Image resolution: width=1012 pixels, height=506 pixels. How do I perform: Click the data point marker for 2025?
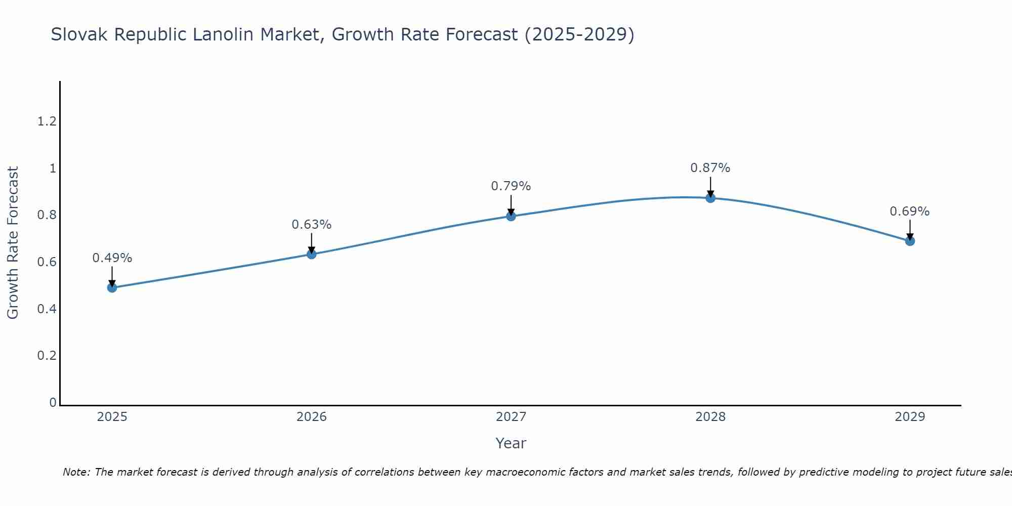click(112, 287)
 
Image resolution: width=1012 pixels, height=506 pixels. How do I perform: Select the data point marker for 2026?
click(312, 254)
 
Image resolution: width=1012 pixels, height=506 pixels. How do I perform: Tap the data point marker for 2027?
click(511, 216)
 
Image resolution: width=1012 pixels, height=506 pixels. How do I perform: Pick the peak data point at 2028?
click(710, 198)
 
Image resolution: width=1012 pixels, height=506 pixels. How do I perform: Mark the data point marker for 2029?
click(910, 241)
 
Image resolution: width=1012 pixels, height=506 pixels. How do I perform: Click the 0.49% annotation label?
click(112, 258)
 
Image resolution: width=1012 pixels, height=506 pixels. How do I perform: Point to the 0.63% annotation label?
click(312, 225)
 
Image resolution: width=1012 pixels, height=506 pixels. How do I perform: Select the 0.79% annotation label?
click(511, 186)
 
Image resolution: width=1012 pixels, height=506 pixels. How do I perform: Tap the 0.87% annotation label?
click(710, 168)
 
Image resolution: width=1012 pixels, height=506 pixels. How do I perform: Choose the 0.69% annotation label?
click(910, 212)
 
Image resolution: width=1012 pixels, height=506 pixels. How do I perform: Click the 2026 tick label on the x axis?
click(312, 417)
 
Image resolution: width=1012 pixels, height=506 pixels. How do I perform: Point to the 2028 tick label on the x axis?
click(710, 417)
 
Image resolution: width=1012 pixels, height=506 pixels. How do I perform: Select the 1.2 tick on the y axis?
click(47, 121)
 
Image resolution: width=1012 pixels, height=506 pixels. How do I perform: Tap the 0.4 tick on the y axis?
click(47, 309)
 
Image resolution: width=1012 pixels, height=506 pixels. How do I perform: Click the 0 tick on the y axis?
click(53, 402)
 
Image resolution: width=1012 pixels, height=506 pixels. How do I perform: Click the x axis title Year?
click(511, 443)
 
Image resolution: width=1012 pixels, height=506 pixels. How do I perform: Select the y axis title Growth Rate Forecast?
click(13, 243)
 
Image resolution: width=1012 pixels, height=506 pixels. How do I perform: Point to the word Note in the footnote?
click(76, 472)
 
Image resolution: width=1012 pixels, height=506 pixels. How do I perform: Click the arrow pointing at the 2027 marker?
click(511, 205)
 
